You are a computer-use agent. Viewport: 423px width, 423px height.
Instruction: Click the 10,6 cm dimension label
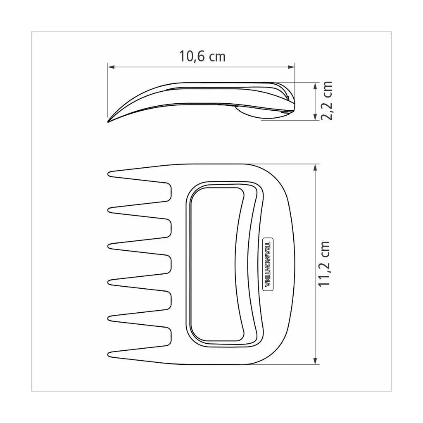(x=202, y=56)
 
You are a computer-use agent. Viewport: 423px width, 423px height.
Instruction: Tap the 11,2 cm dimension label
(x=324, y=264)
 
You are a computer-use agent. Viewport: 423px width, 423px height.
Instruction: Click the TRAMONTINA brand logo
(x=268, y=264)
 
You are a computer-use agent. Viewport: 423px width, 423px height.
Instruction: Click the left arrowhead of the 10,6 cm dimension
(x=111, y=67)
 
